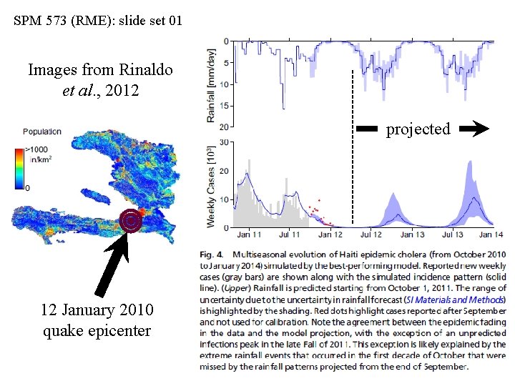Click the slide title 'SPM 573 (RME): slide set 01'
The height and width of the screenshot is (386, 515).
[x=98, y=20]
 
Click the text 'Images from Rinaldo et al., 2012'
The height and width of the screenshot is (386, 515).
[x=100, y=81]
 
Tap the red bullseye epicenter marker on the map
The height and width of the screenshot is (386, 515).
[x=130, y=222]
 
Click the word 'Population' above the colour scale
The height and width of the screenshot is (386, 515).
[x=41, y=132]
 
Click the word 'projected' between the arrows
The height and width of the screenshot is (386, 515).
[x=418, y=129]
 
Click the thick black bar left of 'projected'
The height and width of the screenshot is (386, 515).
[x=367, y=129]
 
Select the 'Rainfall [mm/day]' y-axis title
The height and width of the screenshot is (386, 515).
[x=211, y=84]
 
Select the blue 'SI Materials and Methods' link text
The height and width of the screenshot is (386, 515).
[x=455, y=300]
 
